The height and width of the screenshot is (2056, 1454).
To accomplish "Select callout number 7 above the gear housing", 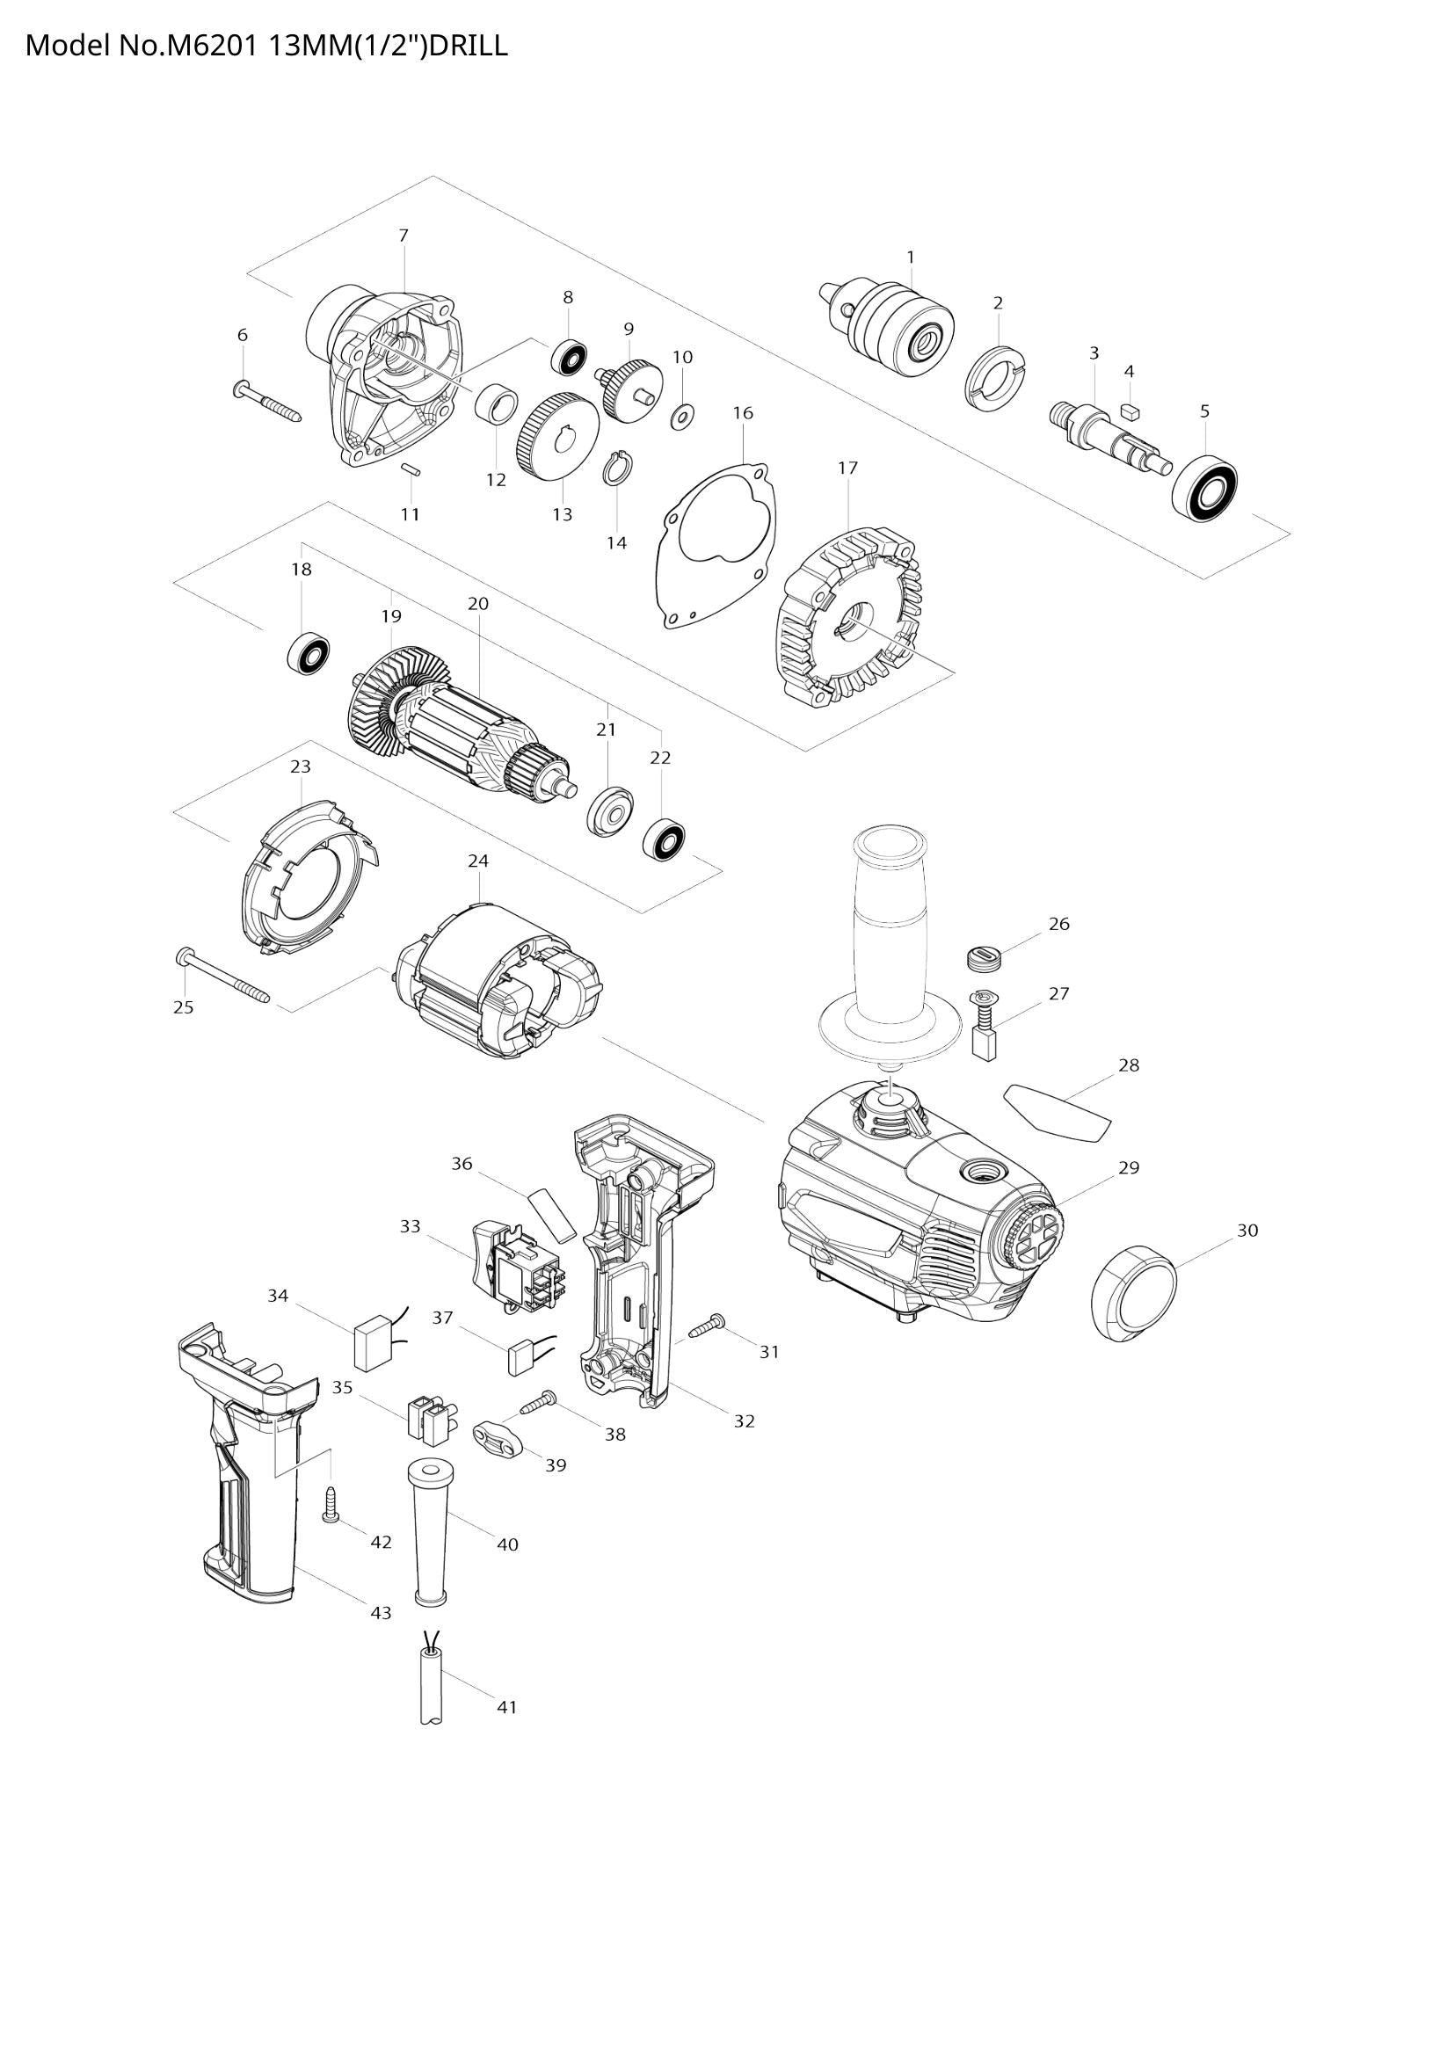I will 403,236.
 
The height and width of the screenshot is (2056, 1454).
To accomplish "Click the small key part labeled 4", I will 1129,411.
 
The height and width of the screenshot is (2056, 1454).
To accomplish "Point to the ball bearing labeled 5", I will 1205,489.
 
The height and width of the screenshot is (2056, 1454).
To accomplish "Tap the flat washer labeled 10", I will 683,415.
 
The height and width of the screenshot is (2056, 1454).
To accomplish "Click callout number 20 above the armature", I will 478,605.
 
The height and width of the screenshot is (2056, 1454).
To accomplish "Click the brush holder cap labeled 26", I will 983,956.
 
